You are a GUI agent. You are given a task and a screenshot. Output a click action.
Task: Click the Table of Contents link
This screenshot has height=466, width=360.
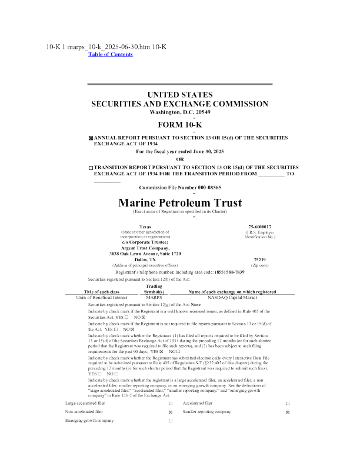[x=110, y=54]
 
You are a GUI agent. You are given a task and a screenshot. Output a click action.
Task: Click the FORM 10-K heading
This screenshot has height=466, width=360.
[x=180, y=124]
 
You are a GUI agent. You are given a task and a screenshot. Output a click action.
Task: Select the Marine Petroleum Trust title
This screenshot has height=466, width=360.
[x=180, y=203]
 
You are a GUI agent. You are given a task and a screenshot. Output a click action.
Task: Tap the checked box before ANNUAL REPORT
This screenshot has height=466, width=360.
[x=91, y=137]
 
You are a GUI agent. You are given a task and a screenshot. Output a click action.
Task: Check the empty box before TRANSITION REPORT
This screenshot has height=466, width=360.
[x=91, y=168]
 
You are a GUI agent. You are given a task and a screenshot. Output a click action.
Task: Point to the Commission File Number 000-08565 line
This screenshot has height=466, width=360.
[x=180, y=187]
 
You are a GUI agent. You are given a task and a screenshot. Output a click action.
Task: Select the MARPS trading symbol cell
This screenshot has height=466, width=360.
[x=154, y=297]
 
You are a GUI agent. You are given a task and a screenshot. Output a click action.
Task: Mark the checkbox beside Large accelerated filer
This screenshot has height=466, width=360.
[x=170, y=403]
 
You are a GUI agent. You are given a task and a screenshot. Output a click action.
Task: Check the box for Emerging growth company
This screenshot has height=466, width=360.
[x=170, y=422]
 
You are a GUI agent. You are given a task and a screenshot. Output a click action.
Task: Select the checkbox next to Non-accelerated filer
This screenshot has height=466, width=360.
[x=170, y=412]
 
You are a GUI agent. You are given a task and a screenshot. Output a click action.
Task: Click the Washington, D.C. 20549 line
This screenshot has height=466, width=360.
[x=180, y=112]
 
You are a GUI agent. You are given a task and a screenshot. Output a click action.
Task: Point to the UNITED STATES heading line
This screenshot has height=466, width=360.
[x=180, y=95]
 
